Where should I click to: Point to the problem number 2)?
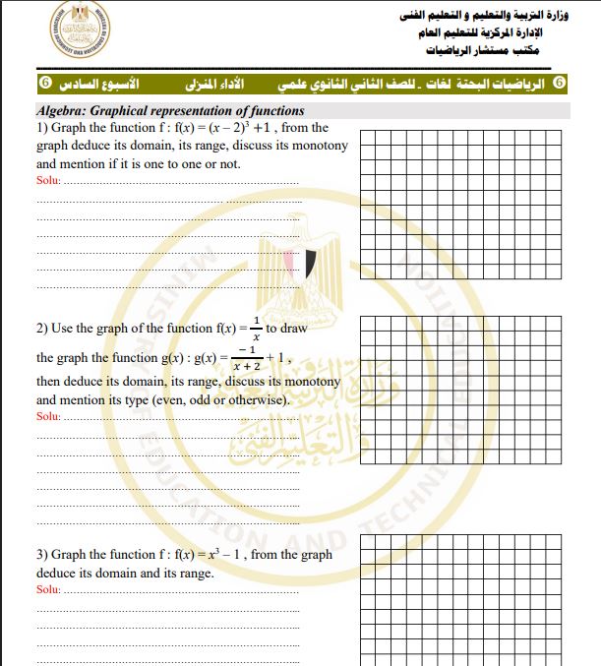point(42,329)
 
